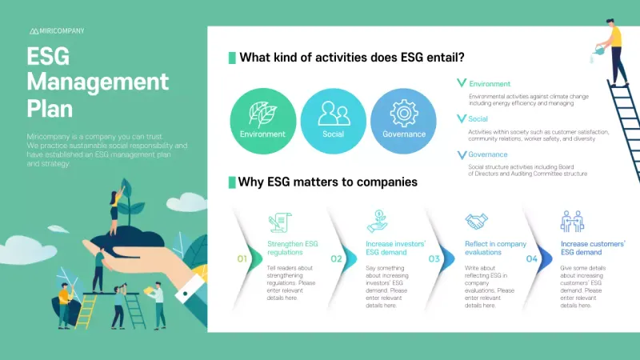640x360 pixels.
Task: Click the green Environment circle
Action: (262, 119)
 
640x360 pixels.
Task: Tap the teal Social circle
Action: (333, 119)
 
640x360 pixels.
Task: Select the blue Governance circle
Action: (404, 119)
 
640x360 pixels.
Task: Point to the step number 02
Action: (337, 258)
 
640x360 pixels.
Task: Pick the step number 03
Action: (434, 258)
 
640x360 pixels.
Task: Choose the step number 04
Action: (532, 258)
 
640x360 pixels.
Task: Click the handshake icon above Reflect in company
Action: (477, 221)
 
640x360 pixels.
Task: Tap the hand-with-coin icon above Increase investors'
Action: (377, 221)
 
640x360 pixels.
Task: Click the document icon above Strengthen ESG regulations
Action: (280, 222)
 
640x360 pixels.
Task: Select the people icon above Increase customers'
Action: (572, 221)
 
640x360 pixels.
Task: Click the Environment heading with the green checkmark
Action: (489, 84)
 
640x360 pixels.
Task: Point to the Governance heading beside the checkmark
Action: (487, 154)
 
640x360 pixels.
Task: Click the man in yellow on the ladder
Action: (614, 48)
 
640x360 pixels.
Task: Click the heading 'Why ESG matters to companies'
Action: (327, 182)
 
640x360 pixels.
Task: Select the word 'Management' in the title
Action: (98, 82)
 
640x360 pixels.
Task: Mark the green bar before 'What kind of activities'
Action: (232, 58)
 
